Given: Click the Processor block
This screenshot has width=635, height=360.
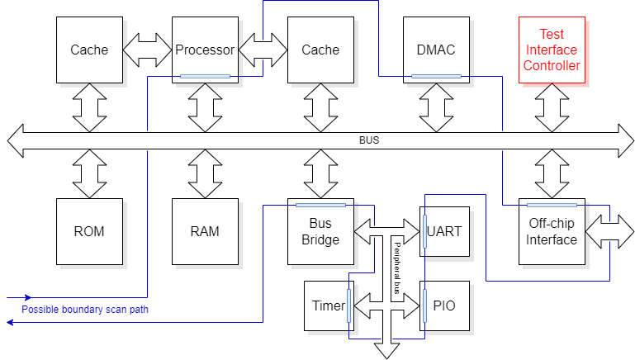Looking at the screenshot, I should [205, 50].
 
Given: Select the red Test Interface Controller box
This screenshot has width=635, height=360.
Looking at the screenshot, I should [552, 50].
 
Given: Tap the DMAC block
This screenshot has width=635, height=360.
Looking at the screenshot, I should [436, 50].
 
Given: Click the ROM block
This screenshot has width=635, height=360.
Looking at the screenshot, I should [89, 231].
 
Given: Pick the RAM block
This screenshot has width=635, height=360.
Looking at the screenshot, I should [205, 231].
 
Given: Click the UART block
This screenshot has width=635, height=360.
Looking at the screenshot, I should [447, 231].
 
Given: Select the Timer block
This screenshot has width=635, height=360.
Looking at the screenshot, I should [328, 306].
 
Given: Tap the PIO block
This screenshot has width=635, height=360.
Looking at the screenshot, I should [445, 306].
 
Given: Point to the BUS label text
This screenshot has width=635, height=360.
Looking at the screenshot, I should [369, 140].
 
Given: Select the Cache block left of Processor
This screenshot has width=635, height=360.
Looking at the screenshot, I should [89, 50].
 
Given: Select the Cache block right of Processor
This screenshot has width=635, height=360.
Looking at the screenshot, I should [320, 50].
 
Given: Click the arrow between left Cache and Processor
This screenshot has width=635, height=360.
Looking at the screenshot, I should [147, 50].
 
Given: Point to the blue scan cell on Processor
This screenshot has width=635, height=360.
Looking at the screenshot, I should [205, 77].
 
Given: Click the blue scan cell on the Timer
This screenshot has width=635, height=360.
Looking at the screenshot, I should [349, 306].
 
